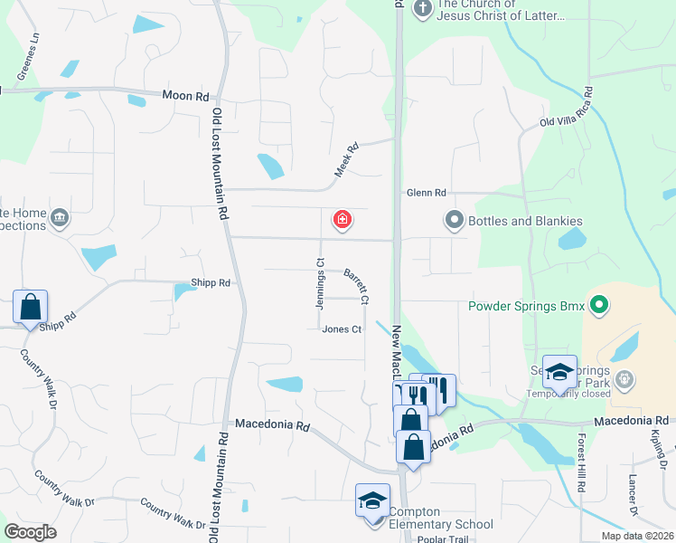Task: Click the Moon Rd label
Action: [x=186, y=95]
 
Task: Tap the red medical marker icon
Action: [x=343, y=219]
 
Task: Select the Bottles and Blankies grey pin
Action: [x=453, y=220]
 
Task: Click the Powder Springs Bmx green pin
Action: [x=597, y=305]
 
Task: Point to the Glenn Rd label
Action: [x=427, y=193]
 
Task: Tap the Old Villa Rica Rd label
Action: [x=567, y=108]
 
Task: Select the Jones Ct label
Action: [x=342, y=329]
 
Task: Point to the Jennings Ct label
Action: [x=320, y=284]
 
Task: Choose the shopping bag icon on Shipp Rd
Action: [x=31, y=307]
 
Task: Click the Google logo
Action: [x=30, y=532]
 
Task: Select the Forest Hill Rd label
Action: [x=580, y=474]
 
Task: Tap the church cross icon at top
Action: [x=422, y=8]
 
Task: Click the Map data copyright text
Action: [x=637, y=536]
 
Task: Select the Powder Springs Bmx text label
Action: [x=524, y=305]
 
